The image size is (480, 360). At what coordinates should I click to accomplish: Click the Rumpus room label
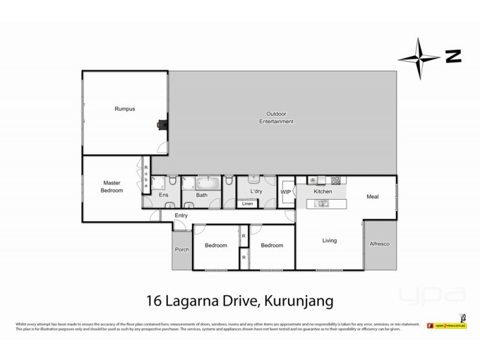(124, 109)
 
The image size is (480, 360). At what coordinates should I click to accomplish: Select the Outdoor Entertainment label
(276, 118)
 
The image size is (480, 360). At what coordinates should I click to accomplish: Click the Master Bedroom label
(112, 187)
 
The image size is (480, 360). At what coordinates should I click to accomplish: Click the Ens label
(163, 195)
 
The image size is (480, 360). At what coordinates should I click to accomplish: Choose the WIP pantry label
(286, 191)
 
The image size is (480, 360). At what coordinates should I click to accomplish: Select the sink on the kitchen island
(323, 204)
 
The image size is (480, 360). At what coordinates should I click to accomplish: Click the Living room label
(329, 241)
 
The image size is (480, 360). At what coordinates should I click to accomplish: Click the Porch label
(182, 250)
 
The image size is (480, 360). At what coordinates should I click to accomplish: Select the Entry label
(181, 215)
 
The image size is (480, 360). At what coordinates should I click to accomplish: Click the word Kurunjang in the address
(297, 298)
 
